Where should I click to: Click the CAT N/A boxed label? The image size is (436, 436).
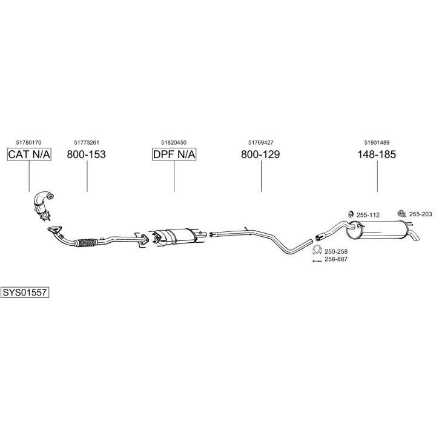29,154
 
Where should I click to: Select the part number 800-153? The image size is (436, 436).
86,154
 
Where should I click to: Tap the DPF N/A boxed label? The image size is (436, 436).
174,154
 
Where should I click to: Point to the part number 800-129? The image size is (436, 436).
260,154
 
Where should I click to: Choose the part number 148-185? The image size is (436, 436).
377,154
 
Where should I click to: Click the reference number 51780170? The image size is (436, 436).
28,142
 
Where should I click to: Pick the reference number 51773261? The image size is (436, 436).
86,142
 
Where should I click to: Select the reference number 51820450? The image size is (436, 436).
174,142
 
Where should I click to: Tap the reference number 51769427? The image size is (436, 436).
260,142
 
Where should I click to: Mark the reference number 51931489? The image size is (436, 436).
377,142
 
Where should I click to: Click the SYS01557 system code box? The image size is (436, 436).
25,292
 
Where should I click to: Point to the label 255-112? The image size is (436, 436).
368,215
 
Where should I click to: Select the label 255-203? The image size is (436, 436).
420,214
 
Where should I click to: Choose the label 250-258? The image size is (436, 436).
336,251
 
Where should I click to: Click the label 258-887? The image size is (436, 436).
336,259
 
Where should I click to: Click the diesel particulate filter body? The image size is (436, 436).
176,235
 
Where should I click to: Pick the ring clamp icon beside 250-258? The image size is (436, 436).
316,251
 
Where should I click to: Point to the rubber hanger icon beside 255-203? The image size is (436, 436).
401,213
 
